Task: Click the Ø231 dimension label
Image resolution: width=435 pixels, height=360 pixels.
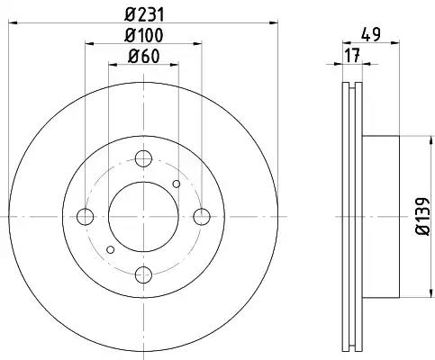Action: [x=144, y=14]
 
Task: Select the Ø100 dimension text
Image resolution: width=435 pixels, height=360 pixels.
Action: [x=144, y=35]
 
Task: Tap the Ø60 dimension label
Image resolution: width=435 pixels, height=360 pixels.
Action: [x=144, y=56]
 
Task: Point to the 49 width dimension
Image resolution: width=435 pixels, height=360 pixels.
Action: [x=371, y=34]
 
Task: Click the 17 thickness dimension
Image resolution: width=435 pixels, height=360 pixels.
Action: [x=352, y=56]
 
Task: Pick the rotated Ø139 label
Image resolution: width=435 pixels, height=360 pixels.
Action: [x=423, y=216]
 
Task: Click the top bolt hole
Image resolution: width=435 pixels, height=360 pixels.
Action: [x=143, y=158]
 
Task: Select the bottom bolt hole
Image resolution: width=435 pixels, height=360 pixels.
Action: [x=143, y=274]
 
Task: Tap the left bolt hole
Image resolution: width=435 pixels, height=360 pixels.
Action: [x=86, y=217]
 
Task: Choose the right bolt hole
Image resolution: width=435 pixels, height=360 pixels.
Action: [x=202, y=217]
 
